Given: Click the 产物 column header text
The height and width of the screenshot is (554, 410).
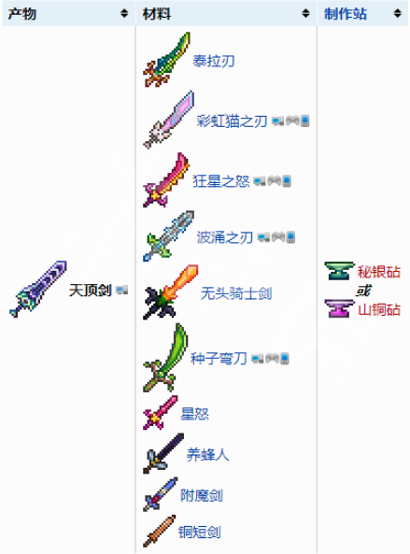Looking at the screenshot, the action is pos(21,14).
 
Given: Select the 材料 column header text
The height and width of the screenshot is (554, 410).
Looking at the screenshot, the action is pos(157,14).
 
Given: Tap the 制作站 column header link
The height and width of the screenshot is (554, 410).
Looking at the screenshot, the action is pos(346,14).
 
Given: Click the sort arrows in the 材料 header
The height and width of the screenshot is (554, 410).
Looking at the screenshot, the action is pos(305,13).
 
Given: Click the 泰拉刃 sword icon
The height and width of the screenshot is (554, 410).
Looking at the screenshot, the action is pos(166,60).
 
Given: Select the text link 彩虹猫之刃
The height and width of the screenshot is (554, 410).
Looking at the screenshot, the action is pos(232,121).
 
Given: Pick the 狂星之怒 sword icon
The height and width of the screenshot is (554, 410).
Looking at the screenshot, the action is pos(166,179).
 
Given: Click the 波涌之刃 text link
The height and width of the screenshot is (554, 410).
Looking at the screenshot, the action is pos(224,237).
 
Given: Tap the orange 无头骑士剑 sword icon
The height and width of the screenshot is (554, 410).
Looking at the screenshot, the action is pos(171,291).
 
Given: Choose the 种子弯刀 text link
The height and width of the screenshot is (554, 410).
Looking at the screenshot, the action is pos(219,359).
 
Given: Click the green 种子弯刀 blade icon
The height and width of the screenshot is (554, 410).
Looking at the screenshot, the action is pos(165,358).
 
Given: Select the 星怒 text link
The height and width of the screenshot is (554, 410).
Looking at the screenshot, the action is pos(194,414).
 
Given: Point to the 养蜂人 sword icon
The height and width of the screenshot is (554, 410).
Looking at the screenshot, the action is pos(163,453).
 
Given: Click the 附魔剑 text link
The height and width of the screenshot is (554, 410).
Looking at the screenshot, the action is pos(202,495).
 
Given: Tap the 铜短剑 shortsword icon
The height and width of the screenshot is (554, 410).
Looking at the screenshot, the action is pos(160,531).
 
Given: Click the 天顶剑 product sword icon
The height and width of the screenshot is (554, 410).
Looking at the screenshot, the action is pos(38,289).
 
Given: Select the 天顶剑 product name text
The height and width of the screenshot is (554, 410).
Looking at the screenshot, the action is pos(91,291).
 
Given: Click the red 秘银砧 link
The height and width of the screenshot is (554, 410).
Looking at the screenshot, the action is pos(379,272).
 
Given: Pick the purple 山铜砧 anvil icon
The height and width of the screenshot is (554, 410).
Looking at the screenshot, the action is pos(339,308).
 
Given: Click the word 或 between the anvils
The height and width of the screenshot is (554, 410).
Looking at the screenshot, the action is pos(363,291).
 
